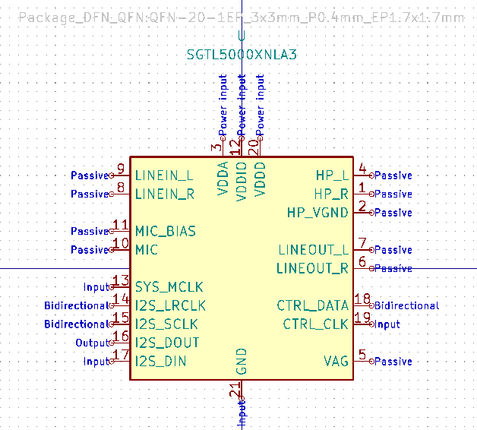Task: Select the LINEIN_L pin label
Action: click(164, 175)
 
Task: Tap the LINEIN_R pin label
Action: click(165, 194)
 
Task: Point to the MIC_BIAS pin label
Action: click(165, 231)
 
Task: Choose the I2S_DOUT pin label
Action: click(167, 343)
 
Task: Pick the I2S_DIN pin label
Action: click(160, 362)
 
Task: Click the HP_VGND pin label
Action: click(317, 213)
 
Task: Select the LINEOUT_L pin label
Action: click(314, 250)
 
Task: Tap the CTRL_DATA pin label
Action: click(313, 305)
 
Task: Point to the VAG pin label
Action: click(336, 362)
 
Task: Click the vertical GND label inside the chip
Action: click(241, 361)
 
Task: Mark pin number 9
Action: click(120, 169)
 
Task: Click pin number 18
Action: click(362, 299)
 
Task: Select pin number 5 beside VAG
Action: click(362, 355)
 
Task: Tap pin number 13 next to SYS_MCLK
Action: click(120, 280)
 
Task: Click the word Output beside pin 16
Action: click(93, 343)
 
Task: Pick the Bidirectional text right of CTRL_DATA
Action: click(406, 306)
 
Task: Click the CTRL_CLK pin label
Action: click(316, 324)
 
